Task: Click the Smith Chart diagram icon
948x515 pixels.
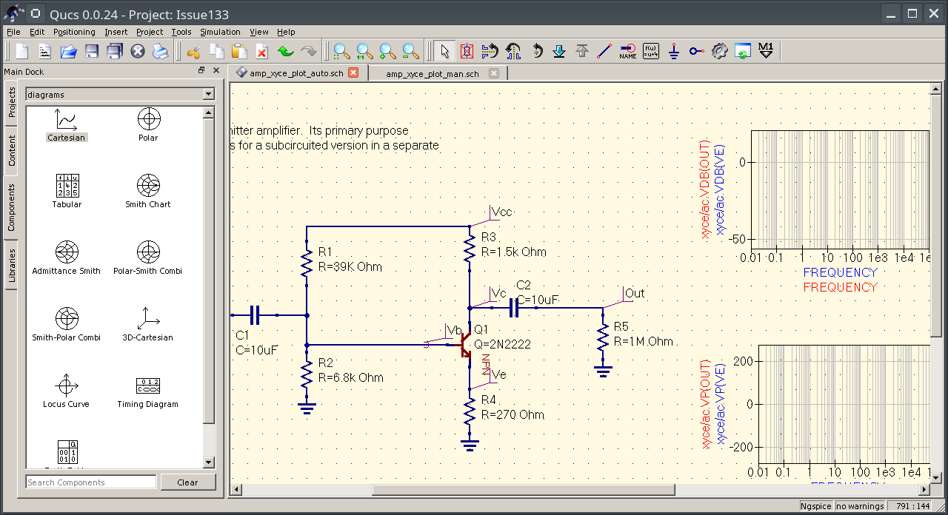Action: (148, 184)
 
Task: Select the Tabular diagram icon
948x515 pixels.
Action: (67, 184)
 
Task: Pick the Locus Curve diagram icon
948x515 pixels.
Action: (67, 385)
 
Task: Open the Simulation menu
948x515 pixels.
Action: (220, 32)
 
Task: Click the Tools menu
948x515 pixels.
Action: (181, 32)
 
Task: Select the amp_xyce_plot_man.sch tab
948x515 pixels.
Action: (432, 73)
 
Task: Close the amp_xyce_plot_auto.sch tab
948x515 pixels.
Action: (353, 73)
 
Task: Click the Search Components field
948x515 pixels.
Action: (91, 482)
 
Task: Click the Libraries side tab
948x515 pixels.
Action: (12, 266)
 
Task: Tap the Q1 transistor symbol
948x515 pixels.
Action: (464, 345)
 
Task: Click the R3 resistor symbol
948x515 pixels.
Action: (469, 248)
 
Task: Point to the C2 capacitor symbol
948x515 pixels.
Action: (513, 308)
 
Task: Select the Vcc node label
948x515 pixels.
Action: (501, 212)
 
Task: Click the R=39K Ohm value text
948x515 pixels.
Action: (350, 266)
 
